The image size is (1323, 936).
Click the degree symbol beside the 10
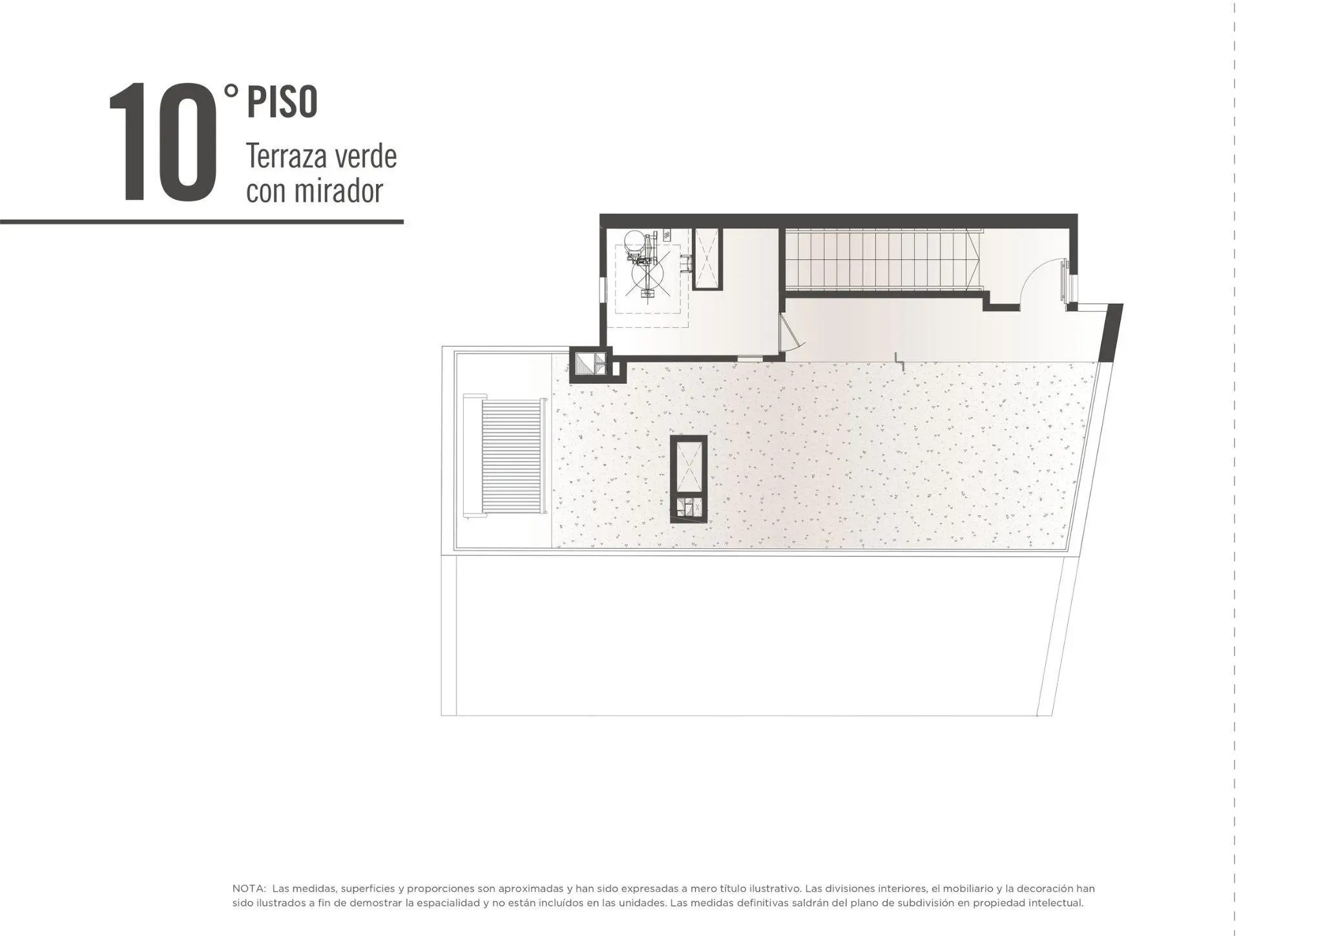point(231,92)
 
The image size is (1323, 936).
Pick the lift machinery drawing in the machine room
point(646,266)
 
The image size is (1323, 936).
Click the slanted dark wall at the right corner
point(1110,333)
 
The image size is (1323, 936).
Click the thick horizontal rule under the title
point(202,222)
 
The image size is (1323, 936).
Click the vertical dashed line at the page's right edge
point(1234,468)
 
